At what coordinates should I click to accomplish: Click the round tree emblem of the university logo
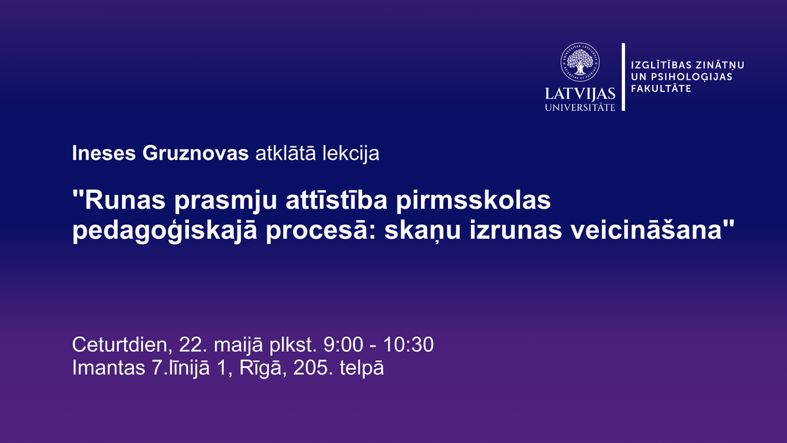point(580,62)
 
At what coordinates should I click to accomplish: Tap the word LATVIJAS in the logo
point(580,94)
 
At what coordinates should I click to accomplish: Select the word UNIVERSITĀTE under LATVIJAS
point(580,107)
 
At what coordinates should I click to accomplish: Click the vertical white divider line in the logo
point(623,77)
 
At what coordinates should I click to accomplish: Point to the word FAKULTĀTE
point(661,88)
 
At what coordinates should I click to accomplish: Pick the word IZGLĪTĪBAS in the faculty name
point(662,65)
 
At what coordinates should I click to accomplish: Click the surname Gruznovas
point(195,154)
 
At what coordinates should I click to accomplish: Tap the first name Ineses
point(104,154)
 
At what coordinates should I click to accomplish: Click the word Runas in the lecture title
point(125,200)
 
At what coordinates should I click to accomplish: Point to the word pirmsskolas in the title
point(474,201)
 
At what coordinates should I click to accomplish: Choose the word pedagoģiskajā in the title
point(165,231)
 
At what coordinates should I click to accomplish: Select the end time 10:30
point(408,345)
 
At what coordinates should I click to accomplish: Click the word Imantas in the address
point(109,368)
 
